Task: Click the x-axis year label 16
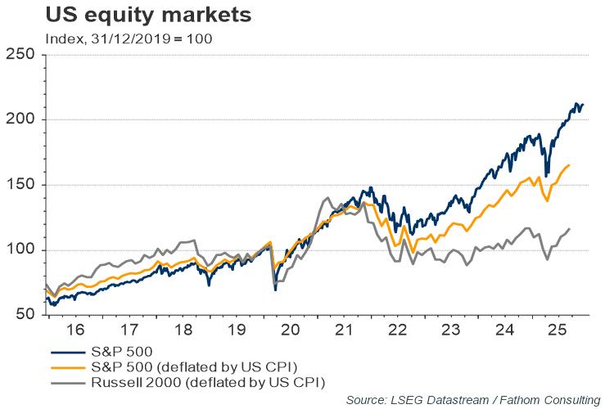click(x=74, y=331)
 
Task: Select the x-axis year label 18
click(x=183, y=331)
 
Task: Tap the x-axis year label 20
click(x=291, y=331)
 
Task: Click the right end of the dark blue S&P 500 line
click(x=582, y=105)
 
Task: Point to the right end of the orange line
click(x=570, y=165)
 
